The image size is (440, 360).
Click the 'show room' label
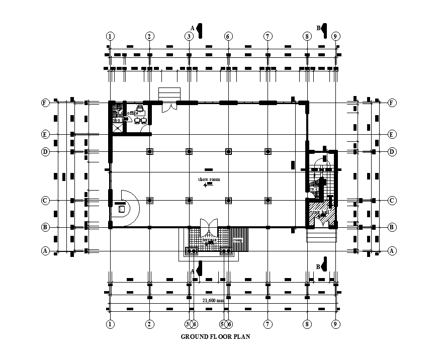click(x=209, y=179)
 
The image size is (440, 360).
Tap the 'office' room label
click(x=132, y=113)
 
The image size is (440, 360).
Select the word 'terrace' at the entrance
click(x=209, y=240)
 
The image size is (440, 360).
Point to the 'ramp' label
click(x=237, y=240)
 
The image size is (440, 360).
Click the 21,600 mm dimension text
click(x=213, y=301)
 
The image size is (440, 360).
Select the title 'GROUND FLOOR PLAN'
click(x=215, y=337)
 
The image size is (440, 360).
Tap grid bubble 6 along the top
click(x=228, y=36)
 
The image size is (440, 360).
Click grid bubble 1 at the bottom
click(x=110, y=324)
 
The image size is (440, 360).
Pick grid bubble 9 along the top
click(x=336, y=36)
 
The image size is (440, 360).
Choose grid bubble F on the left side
click(x=45, y=103)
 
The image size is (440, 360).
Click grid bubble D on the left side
click(x=45, y=151)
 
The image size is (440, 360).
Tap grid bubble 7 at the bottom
click(x=268, y=324)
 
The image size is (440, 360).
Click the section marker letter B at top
click(x=318, y=28)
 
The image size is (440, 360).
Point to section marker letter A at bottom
click(x=192, y=271)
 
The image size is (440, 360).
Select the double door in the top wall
click(x=169, y=106)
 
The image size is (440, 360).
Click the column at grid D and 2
click(x=149, y=151)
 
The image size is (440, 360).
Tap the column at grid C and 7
click(x=268, y=201)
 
